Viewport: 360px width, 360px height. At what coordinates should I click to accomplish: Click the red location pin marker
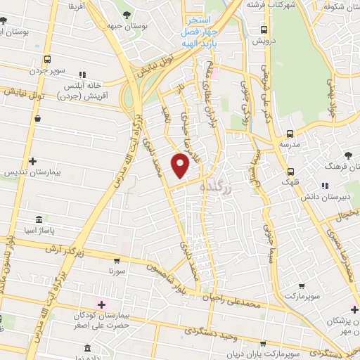181,165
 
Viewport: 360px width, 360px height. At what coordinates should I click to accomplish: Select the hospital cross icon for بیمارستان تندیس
32,161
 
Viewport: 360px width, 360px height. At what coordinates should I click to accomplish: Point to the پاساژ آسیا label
39,230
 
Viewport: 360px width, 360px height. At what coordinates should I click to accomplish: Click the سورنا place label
117,270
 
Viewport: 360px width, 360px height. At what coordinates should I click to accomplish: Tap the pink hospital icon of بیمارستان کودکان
102,304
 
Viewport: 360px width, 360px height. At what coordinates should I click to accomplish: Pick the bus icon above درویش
264,30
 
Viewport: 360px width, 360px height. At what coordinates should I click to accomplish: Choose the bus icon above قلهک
290,172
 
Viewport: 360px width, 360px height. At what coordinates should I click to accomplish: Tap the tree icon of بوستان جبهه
126,15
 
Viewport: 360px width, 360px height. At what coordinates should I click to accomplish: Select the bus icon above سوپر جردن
46,60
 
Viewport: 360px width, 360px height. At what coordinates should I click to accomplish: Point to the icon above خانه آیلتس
82,74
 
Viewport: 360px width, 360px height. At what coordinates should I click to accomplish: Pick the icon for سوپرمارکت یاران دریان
263,345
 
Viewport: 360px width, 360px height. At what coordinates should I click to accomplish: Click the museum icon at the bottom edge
86,349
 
